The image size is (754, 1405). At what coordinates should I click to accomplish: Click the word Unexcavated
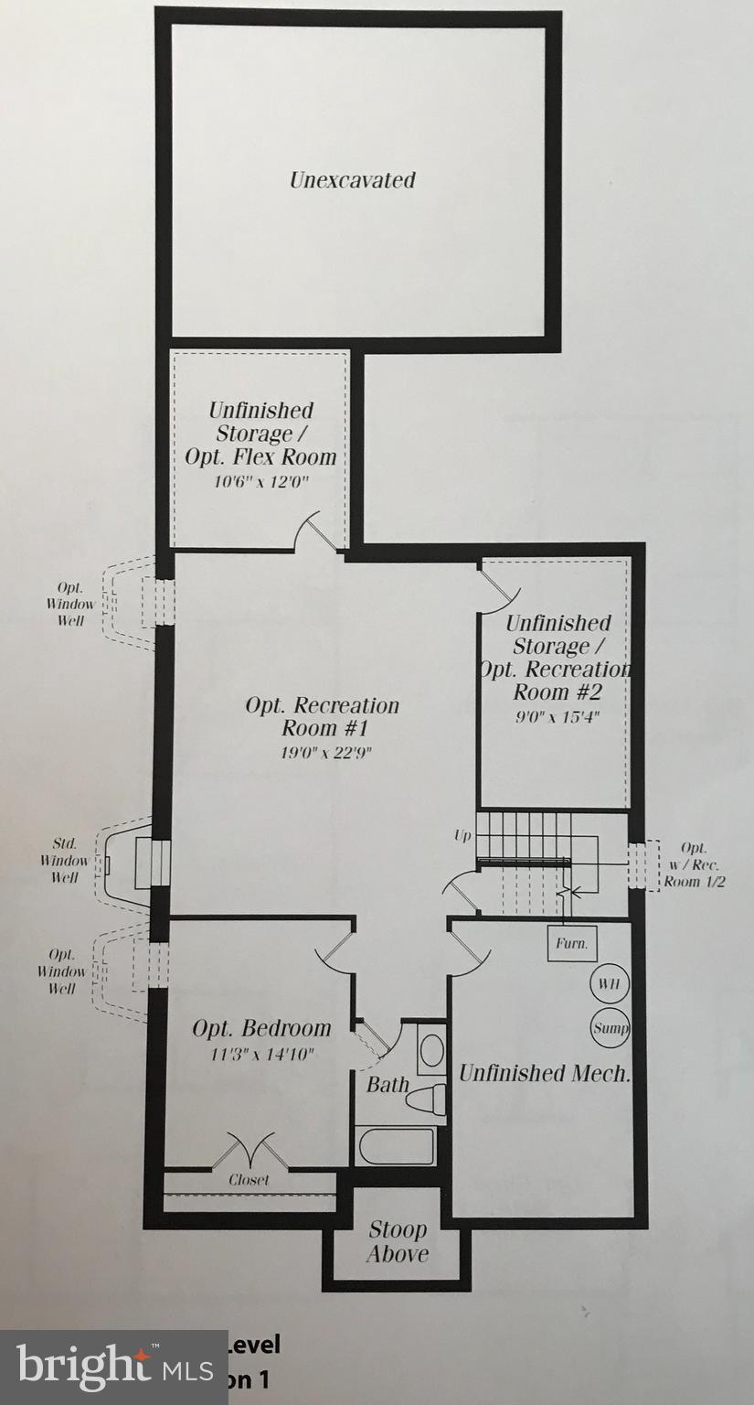(x=352, y=180)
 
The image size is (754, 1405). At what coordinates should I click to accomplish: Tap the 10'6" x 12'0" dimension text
(x=262, y=482)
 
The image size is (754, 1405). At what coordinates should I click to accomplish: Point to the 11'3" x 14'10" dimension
(x=261, y=1054)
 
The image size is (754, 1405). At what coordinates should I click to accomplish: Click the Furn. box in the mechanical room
(x=572, y=943)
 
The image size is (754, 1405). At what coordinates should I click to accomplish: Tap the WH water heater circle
(x=610, y=984)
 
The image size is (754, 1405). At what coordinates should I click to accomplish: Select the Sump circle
(x=610, y=1027)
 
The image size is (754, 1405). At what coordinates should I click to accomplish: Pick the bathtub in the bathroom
(x=396, y=1146)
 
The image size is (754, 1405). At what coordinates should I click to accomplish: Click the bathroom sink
(x=430, y=1048)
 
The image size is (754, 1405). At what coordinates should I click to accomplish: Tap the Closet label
(x=249, y=1180)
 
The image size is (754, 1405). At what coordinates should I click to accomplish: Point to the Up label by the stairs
(x=462, y=836)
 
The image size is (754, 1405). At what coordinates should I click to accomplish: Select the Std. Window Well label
(x=65, y=860)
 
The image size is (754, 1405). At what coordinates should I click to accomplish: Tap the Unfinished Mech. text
(x=545, y=1073)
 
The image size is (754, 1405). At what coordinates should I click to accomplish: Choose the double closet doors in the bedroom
(x=250, y=1151)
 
